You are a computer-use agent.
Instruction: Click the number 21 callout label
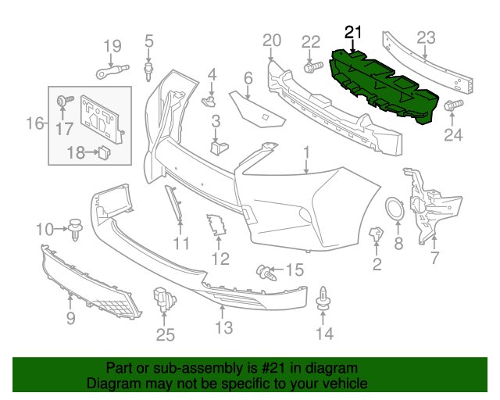point(354,32)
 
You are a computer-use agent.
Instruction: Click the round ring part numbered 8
point(395,209)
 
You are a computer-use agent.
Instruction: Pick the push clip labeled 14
point(323,301)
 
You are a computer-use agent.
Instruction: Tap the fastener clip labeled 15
point(267,273)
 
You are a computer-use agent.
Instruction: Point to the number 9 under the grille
point(70,317)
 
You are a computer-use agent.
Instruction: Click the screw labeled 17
point(62,101)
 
